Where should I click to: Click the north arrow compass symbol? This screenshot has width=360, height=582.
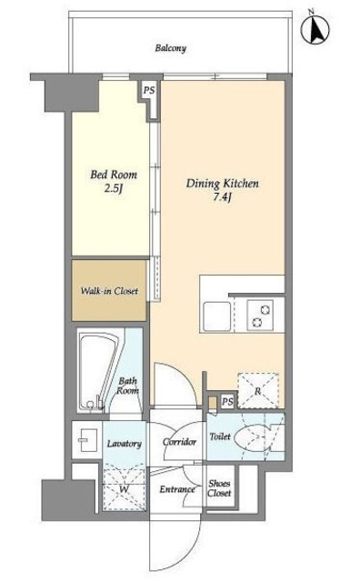315,28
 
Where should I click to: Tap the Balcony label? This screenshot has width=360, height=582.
170,48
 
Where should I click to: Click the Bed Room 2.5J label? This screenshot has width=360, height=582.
114,181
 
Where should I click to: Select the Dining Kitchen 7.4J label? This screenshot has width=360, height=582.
223,190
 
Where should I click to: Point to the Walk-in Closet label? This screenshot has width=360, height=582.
109,291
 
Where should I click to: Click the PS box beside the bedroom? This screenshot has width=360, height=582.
149,90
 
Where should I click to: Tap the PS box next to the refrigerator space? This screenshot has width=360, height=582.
228,401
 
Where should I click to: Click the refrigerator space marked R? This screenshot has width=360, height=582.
258,390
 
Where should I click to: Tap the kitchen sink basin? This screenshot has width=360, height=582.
217,316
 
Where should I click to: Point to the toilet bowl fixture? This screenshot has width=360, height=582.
255,437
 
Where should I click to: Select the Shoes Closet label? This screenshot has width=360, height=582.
219,488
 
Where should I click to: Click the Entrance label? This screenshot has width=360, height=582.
177,489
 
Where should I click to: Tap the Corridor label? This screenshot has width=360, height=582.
179,442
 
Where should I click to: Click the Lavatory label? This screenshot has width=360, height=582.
124,444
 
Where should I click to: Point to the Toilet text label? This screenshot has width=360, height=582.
220,436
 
